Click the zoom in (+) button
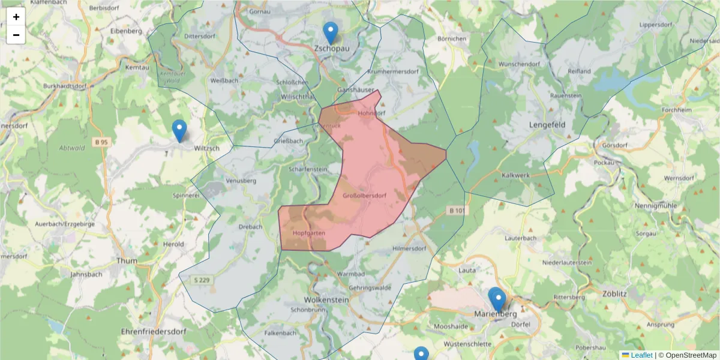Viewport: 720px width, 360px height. [16, 17]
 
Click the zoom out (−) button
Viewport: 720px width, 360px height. [16, 35]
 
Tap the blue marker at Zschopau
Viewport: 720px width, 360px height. [330, 33]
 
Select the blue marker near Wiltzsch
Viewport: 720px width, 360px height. [179, 130]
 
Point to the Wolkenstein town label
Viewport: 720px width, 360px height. [327, 299]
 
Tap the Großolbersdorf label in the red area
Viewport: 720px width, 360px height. [364, 196]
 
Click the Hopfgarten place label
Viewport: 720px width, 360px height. [309, 232]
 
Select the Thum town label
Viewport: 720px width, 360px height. [127, 261]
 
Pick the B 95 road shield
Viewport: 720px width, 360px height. [101, 142]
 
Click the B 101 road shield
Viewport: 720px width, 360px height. [457, 211]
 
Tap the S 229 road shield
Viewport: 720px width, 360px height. [203, 280]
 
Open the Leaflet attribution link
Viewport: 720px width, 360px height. [641, 355]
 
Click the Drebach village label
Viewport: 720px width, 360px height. [250, 227]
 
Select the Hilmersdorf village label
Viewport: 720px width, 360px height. [409, 248]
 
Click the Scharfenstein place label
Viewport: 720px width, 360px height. [308, 169]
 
